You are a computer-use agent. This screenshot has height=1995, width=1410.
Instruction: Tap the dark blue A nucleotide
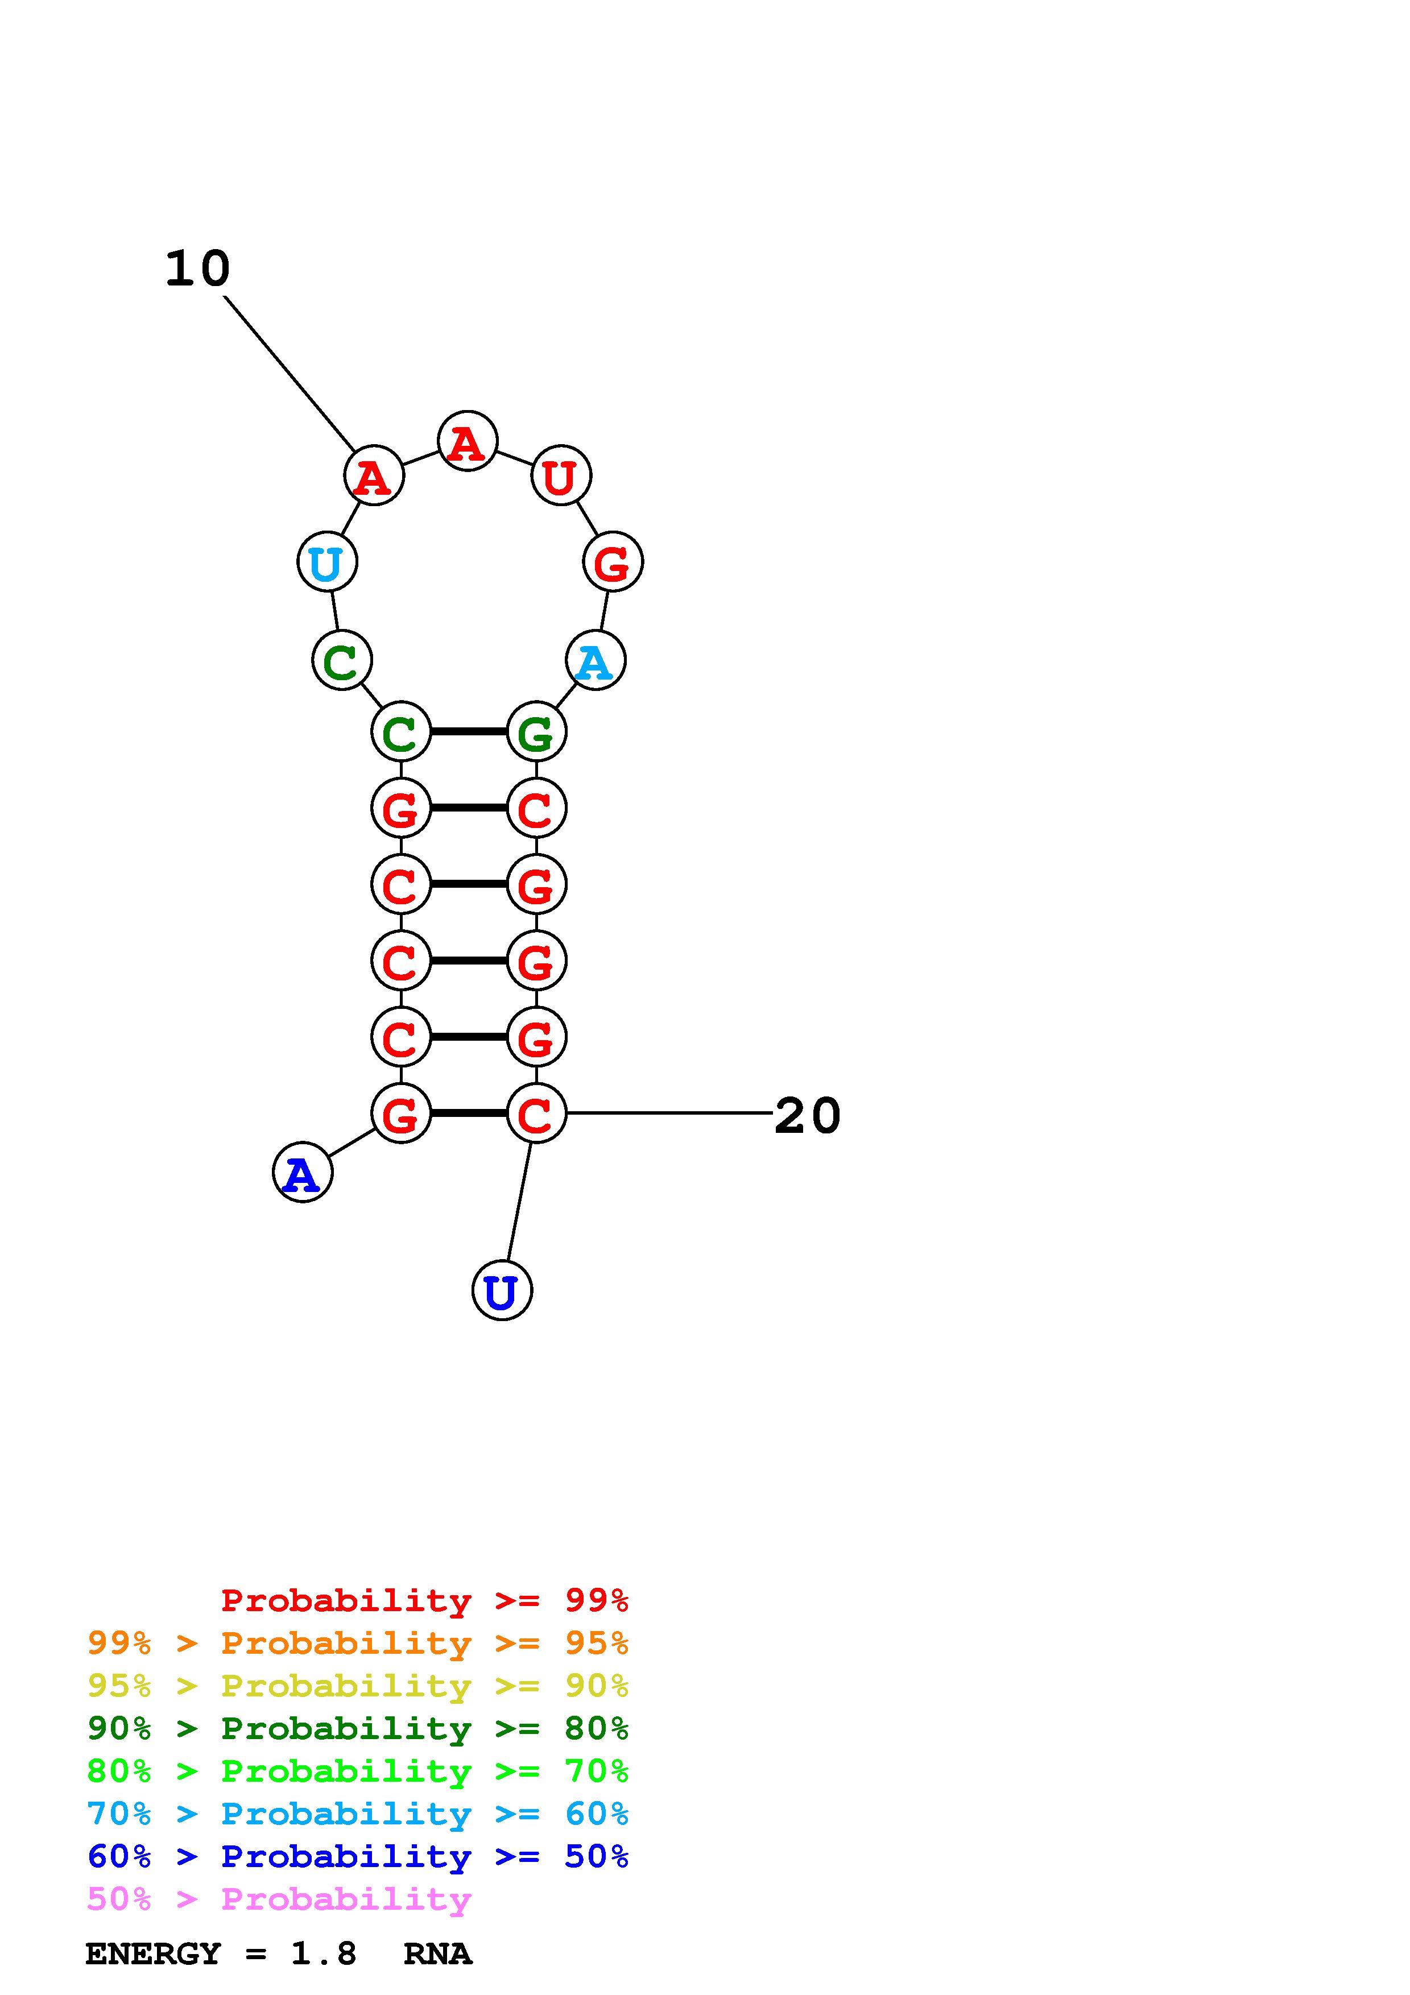click(303, 1173)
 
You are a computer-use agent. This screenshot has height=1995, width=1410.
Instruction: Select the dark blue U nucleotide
click(502, 1290)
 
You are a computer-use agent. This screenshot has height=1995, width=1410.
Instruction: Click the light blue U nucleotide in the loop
click(326, 562)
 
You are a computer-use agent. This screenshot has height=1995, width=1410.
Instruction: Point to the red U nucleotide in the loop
click(560, 476)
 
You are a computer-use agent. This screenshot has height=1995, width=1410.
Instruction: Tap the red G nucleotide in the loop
click(613, 562)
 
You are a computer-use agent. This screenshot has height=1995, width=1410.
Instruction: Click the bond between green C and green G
click(468, 731)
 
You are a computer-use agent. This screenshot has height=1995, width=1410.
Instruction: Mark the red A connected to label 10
click(374, 476)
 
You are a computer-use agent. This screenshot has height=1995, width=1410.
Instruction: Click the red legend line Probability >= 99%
click(424, 1600)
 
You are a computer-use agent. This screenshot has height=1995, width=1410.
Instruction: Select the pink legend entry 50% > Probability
click(279, 1899)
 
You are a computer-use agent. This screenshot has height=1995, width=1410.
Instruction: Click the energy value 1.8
click(323, 1954)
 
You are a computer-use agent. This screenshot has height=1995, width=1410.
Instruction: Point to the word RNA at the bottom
click(437, 1954)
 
